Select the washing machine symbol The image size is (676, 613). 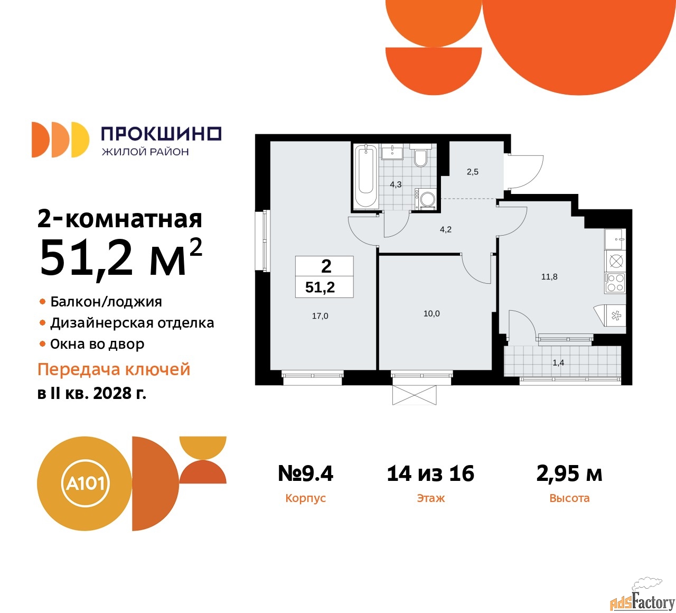pos(426,199)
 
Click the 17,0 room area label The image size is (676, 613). pos(320,316)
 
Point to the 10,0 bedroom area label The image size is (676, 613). pos(431,313)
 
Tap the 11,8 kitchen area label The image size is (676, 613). pos(549,276)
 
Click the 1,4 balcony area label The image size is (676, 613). pos(558,363)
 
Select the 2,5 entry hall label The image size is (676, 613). pos(473,172)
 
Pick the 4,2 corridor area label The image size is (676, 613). pos(446,229)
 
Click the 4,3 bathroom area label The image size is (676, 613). pos(396,184)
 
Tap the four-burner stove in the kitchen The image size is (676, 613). pos(615,283)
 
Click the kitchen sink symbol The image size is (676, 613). pos(615,239)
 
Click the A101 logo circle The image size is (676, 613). pos(84,483)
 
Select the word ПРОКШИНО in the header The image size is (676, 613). pos(161,134)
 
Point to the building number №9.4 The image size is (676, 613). pos(306,473)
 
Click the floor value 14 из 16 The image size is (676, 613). pos(430,473)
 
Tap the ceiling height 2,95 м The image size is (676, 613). pos(569,473)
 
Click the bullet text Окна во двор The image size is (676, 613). pos(97,344)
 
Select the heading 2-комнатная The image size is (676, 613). pos(120,219)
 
